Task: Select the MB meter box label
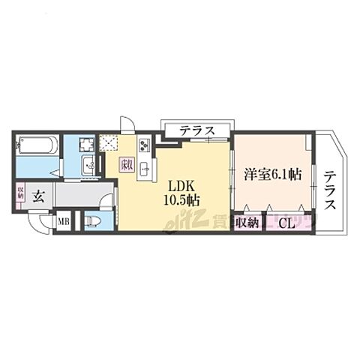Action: pyautogui.click(x=64, y=222)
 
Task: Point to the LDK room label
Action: pyautogui.click(x=182, y=185)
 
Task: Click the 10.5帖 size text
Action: pyautogui.click(x=182, y=200)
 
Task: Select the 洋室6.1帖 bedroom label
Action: pyautogui.click(x=272, y=175)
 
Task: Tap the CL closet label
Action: pyautogui.click(x=285, y=222)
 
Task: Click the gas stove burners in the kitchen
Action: pyautogui.click(x=144, y=145)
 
